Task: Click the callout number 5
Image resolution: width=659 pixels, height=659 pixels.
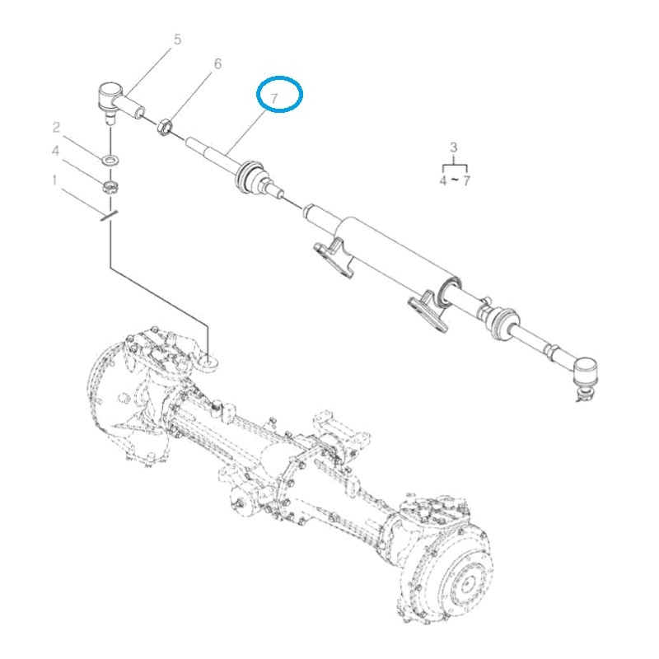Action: [177, 40]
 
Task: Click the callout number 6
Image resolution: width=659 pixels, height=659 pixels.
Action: [217, 63]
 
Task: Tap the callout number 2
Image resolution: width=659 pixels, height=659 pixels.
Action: [56, 127]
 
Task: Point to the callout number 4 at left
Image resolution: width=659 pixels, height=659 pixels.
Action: [56, 152]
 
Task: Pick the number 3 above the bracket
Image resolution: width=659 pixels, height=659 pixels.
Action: [452, 147]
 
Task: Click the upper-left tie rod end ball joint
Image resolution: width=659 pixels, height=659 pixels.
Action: [110, 95]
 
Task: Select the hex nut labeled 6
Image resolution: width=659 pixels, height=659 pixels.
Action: [164, 127]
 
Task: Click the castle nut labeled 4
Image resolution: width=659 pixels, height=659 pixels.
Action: [109, 187]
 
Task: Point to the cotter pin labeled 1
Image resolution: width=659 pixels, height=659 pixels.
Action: [109, 217]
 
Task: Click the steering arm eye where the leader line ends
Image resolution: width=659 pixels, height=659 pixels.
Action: [208, 359]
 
